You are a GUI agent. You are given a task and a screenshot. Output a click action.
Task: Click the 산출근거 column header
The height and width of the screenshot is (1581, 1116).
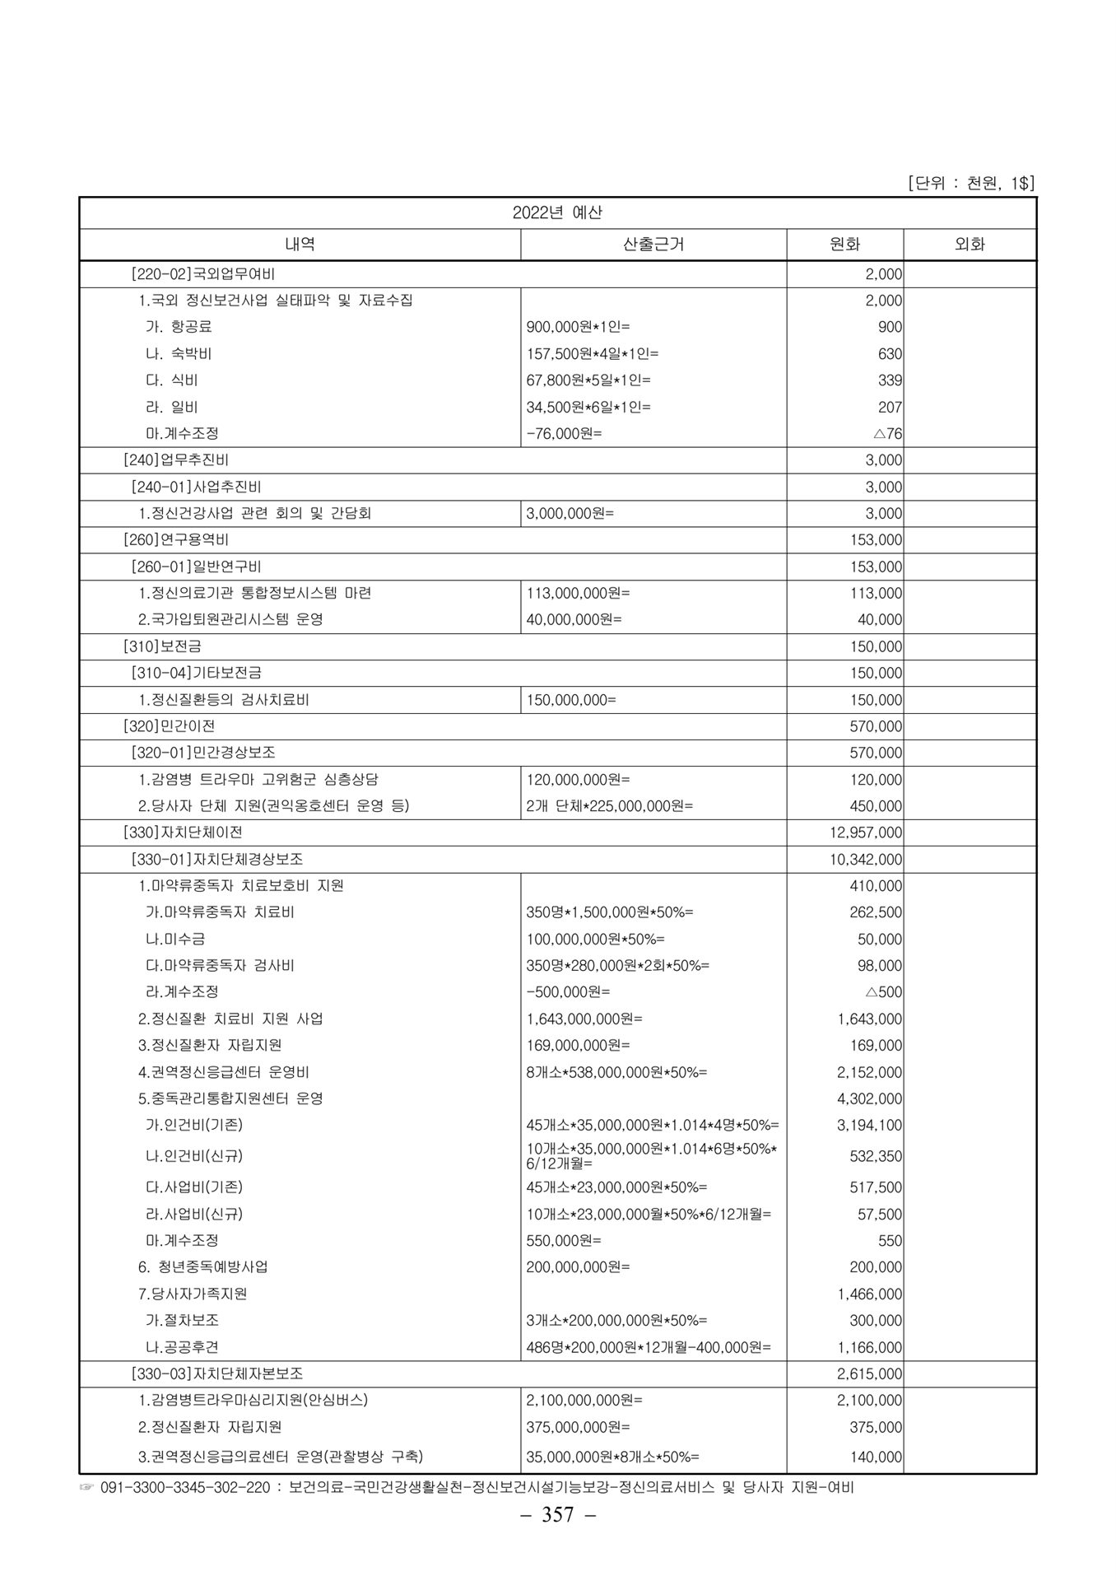tap(653, 244)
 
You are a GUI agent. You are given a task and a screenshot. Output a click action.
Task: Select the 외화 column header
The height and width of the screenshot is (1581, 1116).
tap(970, 244)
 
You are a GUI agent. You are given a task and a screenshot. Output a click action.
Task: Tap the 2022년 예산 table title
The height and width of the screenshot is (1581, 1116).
tap(557, 212)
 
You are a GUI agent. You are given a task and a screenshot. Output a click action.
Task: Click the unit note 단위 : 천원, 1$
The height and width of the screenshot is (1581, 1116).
tap(970, 183)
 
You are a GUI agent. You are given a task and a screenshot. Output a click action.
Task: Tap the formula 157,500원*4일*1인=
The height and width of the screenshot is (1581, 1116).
tap(593, 354)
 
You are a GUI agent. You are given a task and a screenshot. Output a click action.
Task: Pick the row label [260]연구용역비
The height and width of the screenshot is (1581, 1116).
tap(175, 540)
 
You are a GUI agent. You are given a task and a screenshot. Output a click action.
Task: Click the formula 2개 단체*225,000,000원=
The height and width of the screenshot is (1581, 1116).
tap(609, 806)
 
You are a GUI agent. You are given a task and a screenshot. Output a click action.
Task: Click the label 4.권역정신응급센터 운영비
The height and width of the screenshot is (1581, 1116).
tap(224, 1072)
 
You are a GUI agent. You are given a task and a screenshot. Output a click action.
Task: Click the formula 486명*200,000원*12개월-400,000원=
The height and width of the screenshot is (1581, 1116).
tap(649, 1347)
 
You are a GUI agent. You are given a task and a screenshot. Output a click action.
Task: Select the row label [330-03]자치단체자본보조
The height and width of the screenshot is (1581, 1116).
tap(217, 1373)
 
